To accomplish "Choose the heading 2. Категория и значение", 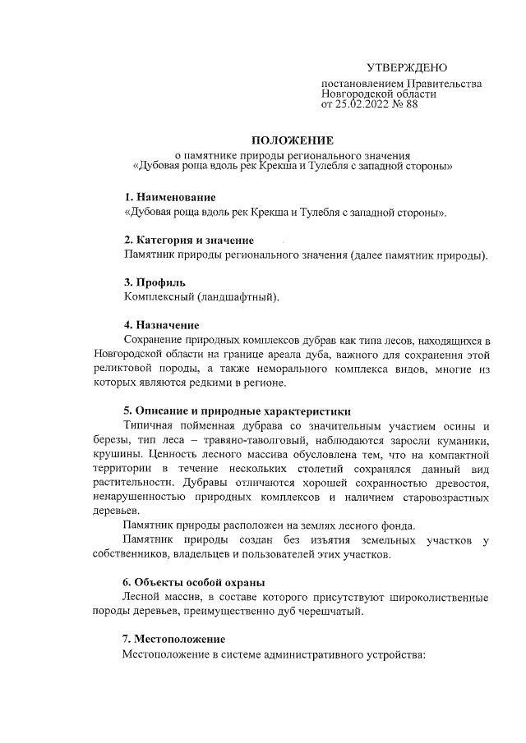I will coord(188,240).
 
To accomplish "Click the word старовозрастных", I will coord(440,497).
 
